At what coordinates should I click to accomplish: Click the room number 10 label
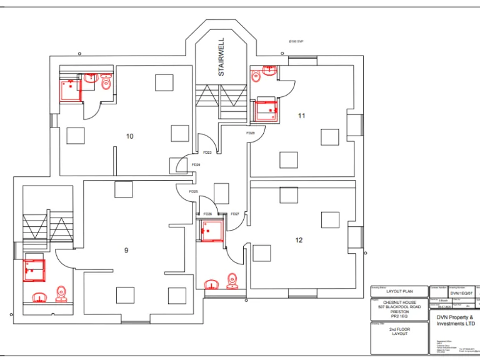click(x=130, y=136)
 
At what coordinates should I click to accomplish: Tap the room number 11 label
click(x=301, y=116)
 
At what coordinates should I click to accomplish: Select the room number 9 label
click(x=126, y=250)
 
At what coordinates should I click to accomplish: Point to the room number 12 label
click(x=299, y=239)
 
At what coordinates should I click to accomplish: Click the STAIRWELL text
click(x=221, y=57)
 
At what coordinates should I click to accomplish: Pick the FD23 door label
click(x=207, y=152)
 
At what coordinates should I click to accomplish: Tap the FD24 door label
click(x=196, y=165)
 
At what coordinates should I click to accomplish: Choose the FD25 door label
click(x=193, y=192)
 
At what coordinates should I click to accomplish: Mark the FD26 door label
click(x=207, y=214)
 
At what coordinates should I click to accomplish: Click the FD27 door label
click(x=235, y=214)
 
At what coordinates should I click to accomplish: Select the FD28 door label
click(x=250, y=133)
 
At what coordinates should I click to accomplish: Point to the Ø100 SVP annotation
click(x=296, y=42)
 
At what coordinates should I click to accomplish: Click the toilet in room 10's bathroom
click(x=106, y=82)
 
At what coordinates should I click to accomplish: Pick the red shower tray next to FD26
click(x=212, y=231)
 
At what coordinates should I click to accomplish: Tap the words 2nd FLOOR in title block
click(x=399, y=329)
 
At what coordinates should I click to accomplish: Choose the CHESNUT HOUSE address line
click(x=399, y=302)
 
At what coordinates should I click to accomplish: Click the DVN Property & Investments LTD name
click(x=456, y=320)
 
